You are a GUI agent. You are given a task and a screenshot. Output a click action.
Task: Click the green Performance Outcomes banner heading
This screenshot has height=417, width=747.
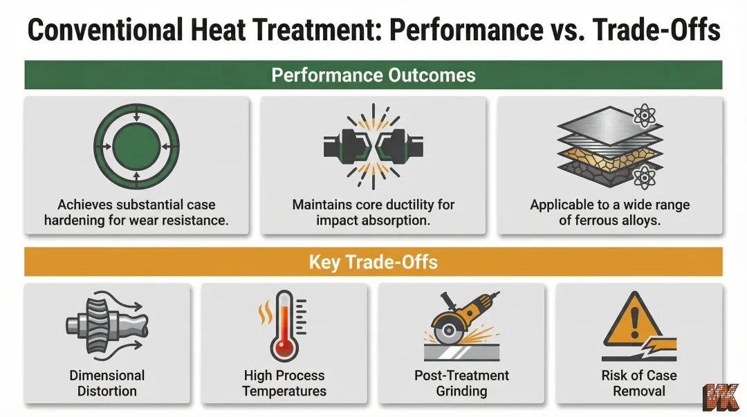[373, 75]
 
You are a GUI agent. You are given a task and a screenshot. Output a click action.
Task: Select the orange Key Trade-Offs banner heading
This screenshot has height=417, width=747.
[373, 262]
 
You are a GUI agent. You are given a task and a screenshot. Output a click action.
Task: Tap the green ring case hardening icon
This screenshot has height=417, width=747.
[136, 147]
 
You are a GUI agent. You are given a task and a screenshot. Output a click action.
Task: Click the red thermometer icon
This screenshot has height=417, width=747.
[284, 325]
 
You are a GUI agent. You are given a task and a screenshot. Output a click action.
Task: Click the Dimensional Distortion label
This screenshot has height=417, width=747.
[107, 383]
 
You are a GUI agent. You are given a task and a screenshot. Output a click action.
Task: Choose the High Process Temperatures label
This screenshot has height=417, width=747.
[284, 383]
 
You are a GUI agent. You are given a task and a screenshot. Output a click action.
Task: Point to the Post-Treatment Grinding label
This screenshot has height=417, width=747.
[461, 383]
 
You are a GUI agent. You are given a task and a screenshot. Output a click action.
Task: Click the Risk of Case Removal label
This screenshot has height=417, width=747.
[638, 383]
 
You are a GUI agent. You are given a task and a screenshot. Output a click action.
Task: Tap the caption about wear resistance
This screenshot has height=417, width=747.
[136, 212]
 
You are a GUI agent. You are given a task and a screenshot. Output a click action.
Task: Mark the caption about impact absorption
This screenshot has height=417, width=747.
[373, 212]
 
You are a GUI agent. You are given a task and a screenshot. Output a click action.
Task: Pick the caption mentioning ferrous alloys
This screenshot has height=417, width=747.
[609, 212]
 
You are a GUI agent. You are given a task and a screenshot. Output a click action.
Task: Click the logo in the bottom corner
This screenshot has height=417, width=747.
[722, 397]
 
